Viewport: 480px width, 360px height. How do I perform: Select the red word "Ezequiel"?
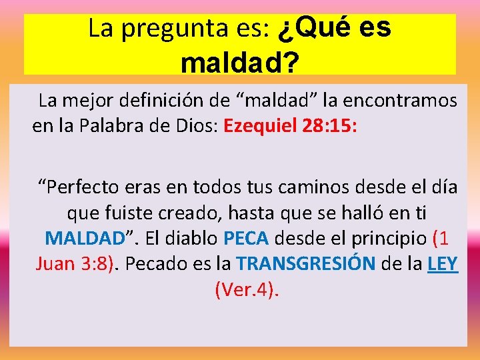click(261, 127)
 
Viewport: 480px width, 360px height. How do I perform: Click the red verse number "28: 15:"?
click(329, 127)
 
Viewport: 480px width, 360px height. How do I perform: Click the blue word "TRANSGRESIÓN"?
click(305, 265)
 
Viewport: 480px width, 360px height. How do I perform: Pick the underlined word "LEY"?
click(442, 265)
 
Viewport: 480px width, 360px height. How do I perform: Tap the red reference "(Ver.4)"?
click(246, 290)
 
